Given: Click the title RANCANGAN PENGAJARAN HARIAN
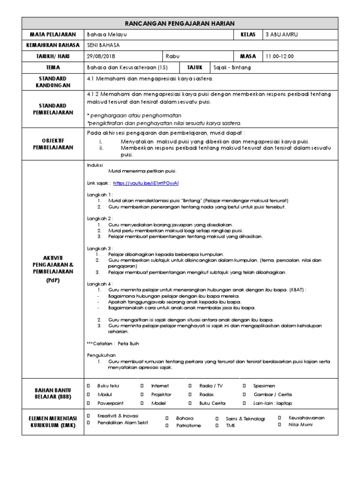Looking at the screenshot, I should coord(180,23).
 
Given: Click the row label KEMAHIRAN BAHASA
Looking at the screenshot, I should coord(53,45).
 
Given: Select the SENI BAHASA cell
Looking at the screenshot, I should coord(104,45).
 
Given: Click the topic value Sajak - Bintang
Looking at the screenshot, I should coord(232,67).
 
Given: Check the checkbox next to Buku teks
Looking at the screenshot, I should coord(89,385).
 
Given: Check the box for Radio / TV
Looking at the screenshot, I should coord(190,385).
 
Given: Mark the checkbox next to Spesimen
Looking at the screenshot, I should coord(245,385).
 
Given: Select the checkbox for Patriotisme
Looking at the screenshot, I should coord(167,426).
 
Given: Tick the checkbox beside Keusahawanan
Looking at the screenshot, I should coord(280,417).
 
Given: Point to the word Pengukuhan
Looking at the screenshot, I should coord(101,355).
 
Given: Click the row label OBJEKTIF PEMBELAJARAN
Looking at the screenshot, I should coord(53,143).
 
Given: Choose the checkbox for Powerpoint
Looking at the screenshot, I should coord(89,403).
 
